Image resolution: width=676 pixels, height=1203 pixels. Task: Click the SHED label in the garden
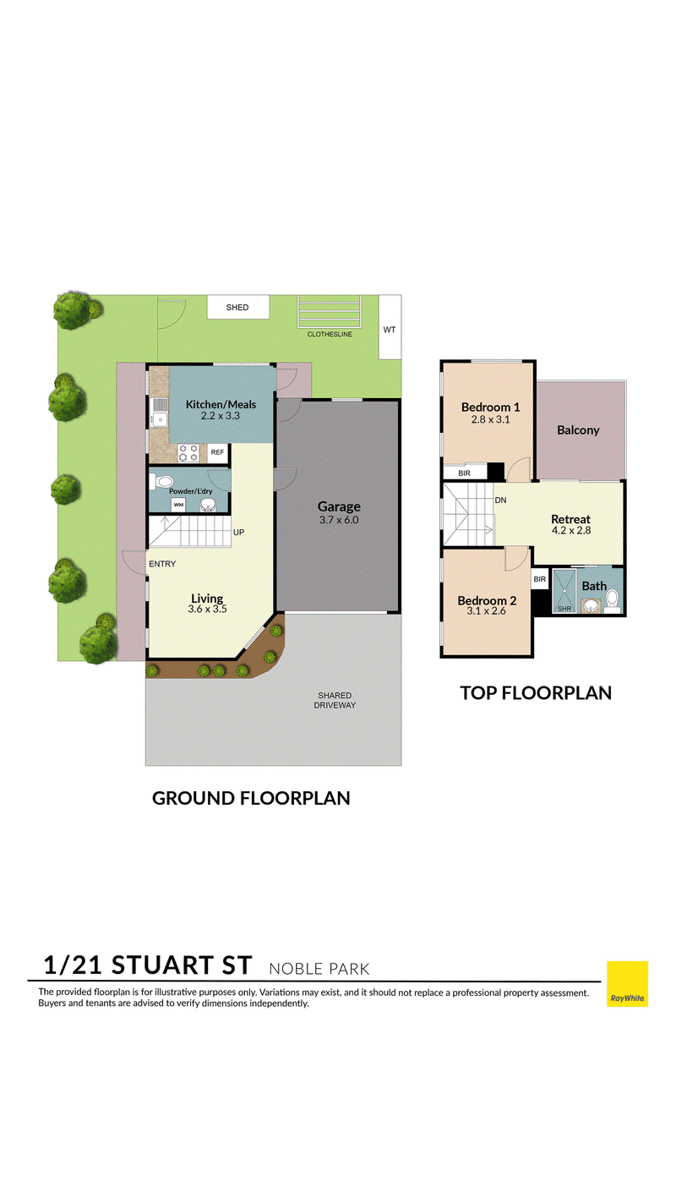coord(237,307)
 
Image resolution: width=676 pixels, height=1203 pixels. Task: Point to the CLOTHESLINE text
coord(330,334)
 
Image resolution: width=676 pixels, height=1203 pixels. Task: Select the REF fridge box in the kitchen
coord(217,452)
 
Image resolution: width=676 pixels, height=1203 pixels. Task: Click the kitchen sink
coord(159,412)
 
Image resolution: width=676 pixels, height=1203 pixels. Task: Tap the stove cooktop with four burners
coord(188,453)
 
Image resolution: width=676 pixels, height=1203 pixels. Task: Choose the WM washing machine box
coord(178,505)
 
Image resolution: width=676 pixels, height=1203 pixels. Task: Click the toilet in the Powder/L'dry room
coord(161,481)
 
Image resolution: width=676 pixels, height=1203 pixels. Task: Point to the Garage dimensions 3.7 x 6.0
coord(339,520)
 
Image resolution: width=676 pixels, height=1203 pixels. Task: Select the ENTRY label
coord(162,564)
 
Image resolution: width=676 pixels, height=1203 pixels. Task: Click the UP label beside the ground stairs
coord(239,533)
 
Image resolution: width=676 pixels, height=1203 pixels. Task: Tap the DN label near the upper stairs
coord(500,500)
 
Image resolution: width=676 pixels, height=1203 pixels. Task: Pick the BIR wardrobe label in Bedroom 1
coord(465,473)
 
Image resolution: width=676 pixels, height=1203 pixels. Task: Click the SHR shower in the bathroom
coord(564,591)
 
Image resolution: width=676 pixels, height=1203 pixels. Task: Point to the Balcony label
coord(578,430)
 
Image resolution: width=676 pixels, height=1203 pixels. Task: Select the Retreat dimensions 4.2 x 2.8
coord(571,531)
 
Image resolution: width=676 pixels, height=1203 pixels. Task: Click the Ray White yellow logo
coord(627,984)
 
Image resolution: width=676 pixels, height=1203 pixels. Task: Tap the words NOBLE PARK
coord(319,969)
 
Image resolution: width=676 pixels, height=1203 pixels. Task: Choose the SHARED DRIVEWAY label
coord(335,700)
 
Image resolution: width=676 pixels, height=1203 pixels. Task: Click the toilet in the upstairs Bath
coord(612,601)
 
